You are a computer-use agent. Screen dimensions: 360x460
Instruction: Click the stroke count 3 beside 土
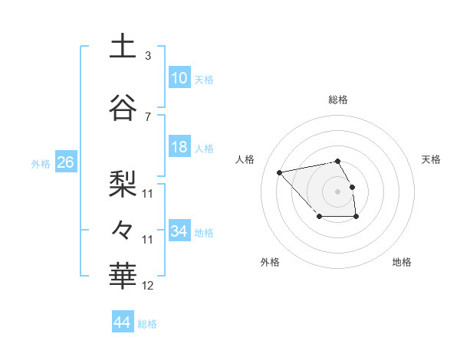tap(148, 55)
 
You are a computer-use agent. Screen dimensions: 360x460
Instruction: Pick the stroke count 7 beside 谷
tap(148, 116)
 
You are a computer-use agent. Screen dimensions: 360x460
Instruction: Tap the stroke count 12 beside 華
tap(148, 286)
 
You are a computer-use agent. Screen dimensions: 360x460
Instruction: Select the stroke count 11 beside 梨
tap(148, 193)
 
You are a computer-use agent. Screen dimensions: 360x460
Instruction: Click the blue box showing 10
tap(179, 77)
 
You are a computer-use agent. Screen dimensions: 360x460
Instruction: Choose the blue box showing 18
tap(179, 147)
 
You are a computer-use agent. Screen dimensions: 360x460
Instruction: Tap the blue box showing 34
tap(179, 231)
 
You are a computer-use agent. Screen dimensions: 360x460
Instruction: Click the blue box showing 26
tap(66, 162)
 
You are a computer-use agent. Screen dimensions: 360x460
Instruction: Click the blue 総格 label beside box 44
tap(147, 324)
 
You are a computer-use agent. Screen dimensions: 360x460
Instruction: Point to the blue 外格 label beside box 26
tap(41, 164)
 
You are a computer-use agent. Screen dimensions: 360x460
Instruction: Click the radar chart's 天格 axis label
tap(431, 159)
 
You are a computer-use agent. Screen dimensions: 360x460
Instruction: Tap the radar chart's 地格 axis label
tap(402, 262)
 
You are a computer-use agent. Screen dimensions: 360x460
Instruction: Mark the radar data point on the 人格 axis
tap(280, 172)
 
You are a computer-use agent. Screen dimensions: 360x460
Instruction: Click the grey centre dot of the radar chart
tap(337, 191)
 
